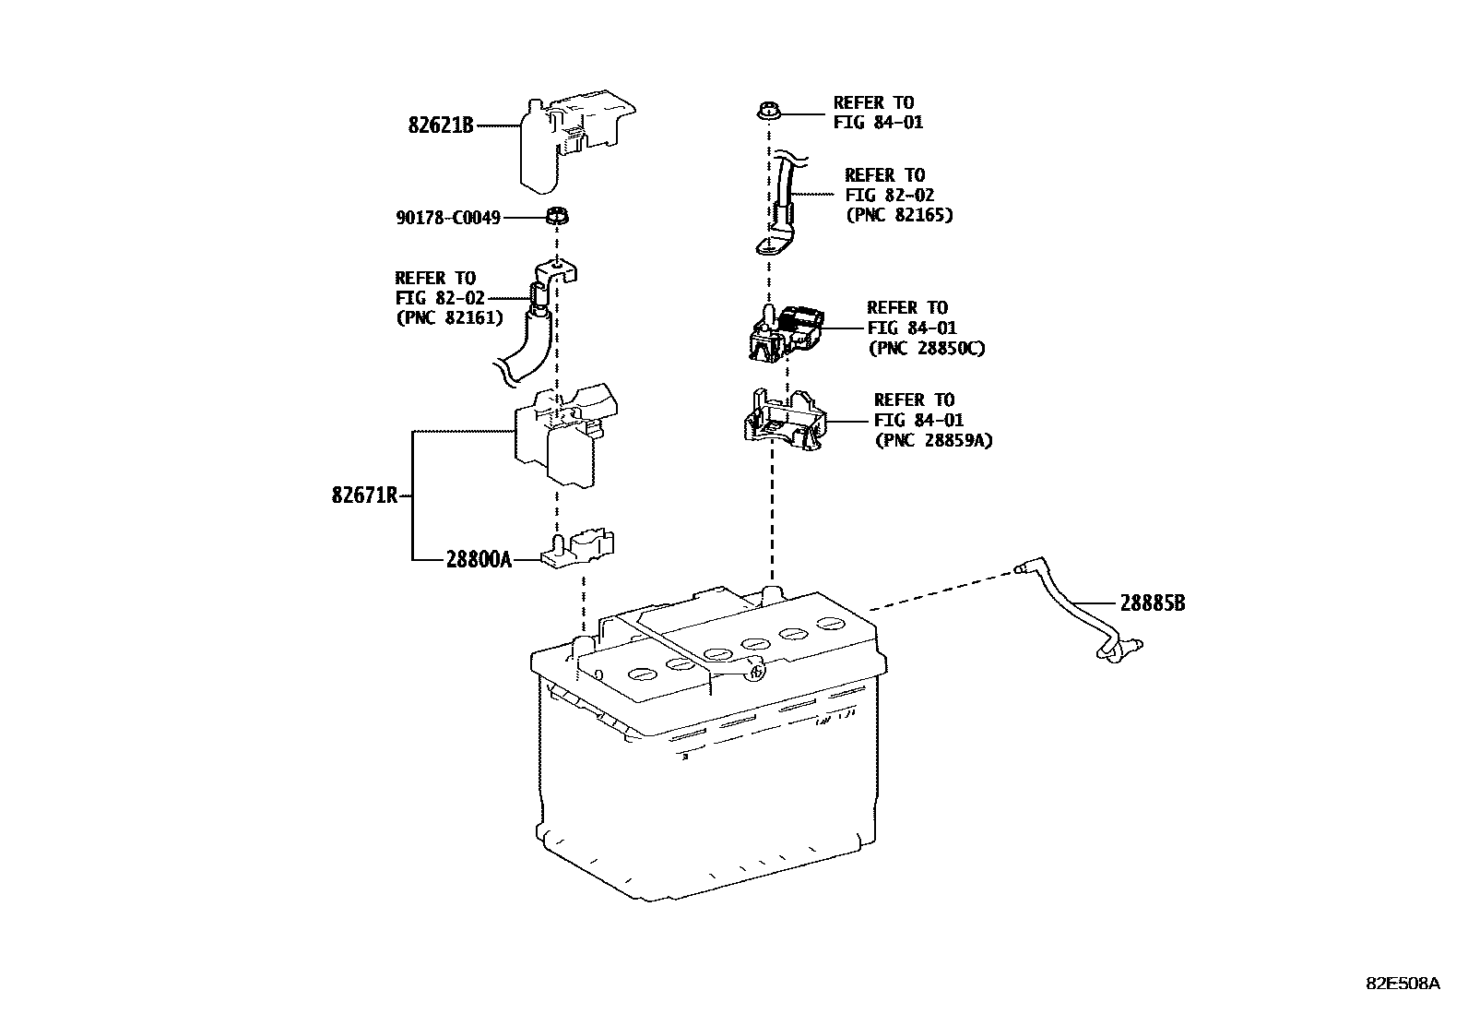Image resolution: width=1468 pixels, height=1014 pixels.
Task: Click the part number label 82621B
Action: click(440, 125)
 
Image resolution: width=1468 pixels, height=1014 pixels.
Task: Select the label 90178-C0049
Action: click(448, 219)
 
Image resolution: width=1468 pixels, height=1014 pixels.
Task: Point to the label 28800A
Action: click(478, 559)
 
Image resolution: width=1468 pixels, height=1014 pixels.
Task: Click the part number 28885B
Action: click(1153, 603)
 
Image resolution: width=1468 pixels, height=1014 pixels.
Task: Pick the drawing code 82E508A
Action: click(1402, 984)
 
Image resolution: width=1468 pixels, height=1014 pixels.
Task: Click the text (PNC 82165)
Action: click(899, 215)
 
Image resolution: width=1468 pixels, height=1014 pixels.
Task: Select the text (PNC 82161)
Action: click(449, 317)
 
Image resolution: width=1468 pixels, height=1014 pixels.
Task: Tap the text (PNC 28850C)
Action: click(926, 349)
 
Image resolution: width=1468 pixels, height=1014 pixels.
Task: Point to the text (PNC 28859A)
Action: click(933, 441)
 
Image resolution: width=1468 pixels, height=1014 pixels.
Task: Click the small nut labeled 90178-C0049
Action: click(556, 219)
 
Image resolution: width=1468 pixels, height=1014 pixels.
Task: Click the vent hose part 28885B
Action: click(1074, 609)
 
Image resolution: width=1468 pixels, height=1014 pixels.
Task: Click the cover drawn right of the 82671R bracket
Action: click(565, 434)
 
